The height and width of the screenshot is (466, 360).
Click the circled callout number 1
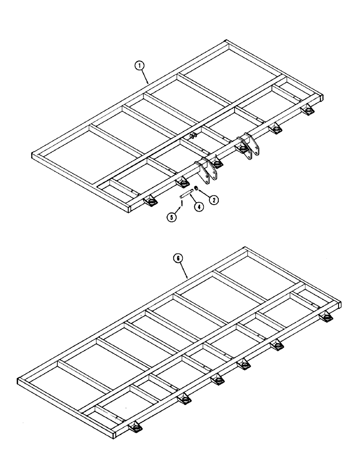138,67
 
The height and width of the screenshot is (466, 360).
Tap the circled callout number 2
214,200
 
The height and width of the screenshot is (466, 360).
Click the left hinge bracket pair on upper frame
208,169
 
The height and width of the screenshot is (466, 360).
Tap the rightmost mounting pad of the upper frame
307,110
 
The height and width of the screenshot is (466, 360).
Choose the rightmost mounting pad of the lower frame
327,317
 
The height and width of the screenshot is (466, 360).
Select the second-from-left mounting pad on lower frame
184,400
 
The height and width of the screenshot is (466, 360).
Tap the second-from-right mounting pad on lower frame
277,345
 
